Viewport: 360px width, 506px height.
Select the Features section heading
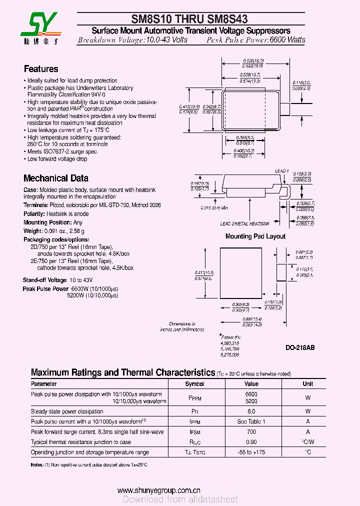click(41, 69)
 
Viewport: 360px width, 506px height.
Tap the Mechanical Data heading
click(56, 178)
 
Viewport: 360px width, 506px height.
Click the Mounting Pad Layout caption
click(255, 236)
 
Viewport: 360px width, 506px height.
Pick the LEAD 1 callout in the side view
click(282, 171)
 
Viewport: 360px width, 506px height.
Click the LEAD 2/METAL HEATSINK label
click(244, 224)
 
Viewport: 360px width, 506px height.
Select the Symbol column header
click(194, 384)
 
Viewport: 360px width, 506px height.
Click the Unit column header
click(307, 384)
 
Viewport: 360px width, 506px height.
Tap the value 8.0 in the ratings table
click(251, 411)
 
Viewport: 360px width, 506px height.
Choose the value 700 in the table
click(251, 431)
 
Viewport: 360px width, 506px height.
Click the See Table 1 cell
click(251, 421)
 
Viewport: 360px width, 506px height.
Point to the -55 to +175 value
click(251, 452)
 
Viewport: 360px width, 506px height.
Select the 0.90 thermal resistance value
click(251, 442)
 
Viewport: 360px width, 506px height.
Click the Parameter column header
click(44, 384)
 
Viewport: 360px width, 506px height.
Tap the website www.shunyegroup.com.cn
click(158, 490)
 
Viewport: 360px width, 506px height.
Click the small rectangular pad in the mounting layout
click(281, 273)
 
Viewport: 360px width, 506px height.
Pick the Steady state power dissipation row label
click(67, 411)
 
